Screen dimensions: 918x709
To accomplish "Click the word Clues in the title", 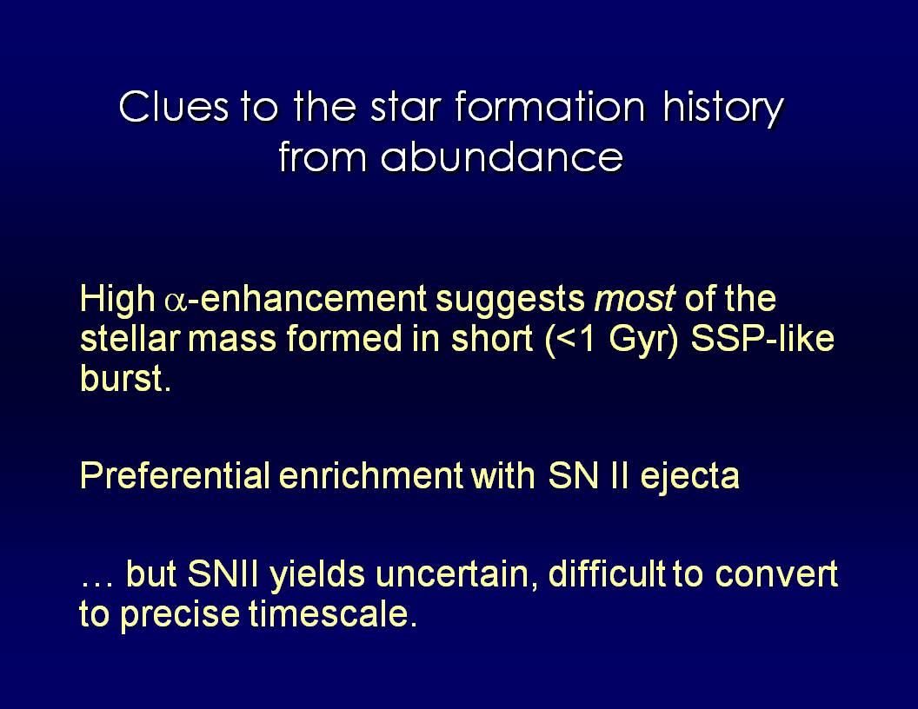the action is pos(174,106).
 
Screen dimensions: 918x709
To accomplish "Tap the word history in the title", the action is pos(723,108).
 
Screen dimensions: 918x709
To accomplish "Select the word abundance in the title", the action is pos(502,156).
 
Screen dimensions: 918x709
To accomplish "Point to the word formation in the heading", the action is pos(549,106).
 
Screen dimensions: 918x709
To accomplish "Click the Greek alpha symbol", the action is pos(176,301).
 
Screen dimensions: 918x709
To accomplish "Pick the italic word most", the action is pos(635,298).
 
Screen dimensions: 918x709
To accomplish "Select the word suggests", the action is pos(510,301).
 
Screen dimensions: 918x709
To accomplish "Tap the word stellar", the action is pos(130,338).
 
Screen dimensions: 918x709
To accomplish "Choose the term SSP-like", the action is pos(762,338).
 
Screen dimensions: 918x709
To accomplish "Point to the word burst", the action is pos(126,378).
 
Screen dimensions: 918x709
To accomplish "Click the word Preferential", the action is pos(175,474).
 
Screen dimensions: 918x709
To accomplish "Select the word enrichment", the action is pos(371,474).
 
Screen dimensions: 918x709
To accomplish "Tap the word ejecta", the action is pos(689,477).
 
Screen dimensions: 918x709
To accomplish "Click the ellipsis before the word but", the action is pos(96,583).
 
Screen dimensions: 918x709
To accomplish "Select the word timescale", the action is pos(333,613).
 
